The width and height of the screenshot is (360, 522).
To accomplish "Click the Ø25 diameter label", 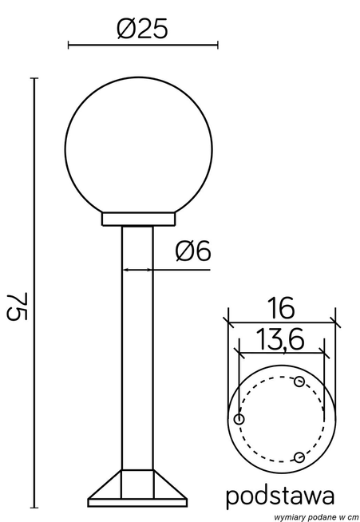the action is point(142,29).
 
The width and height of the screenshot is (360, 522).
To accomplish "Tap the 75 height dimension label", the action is point(18,306).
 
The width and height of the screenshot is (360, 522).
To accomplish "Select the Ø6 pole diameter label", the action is point(193,250).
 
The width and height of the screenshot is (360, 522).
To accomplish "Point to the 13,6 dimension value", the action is point(280,339).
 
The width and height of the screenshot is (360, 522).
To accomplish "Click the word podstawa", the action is point(280,496).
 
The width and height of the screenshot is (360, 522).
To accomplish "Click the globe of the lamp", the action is point(138,147).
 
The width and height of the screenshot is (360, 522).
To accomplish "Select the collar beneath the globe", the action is point(138,219).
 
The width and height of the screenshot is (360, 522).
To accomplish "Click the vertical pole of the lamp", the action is point(137,348).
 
